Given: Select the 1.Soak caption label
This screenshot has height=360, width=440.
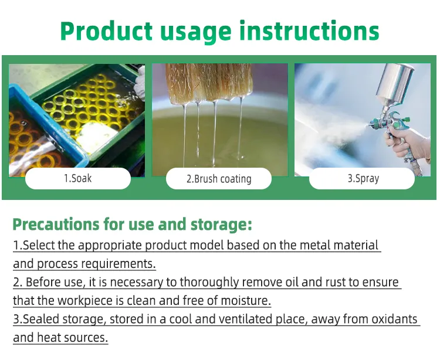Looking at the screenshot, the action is [77, 178].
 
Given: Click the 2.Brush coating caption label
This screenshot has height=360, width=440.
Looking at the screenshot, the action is [219, 179].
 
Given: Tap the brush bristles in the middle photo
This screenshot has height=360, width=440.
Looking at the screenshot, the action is [209, 82].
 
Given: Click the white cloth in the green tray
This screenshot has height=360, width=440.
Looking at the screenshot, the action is [97, 137].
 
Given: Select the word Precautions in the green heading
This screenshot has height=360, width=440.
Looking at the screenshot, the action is [56, 225].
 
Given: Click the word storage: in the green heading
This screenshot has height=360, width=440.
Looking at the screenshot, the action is [221, 225].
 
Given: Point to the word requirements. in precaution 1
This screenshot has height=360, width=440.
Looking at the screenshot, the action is [119, 264].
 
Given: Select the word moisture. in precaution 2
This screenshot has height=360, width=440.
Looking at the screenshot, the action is [246, 301].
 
